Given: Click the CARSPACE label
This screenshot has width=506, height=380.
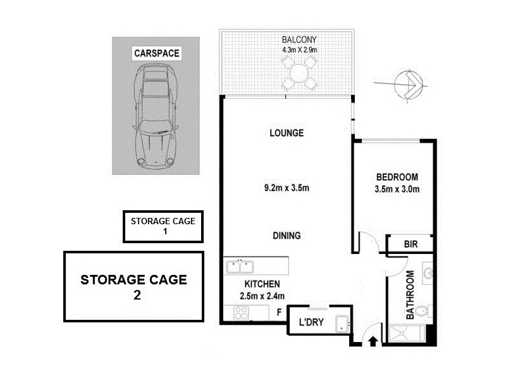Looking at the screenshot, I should point(156,54).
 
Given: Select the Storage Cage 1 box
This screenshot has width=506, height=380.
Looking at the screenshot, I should point(163,227).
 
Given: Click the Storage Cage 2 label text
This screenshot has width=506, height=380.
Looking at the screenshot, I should point(133,286).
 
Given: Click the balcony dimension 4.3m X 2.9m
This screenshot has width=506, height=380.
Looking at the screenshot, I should point(299,49).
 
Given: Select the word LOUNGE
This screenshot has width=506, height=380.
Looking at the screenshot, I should point(287,133).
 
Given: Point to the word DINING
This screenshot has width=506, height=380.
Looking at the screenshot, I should point(287,236).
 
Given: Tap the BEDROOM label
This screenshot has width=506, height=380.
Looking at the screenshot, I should point(397,177).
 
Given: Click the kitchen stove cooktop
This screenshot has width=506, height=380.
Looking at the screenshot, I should point(241,312).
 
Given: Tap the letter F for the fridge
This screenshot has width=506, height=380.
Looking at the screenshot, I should point(279,312).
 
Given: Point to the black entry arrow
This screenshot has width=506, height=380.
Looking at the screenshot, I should point(373,342).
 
